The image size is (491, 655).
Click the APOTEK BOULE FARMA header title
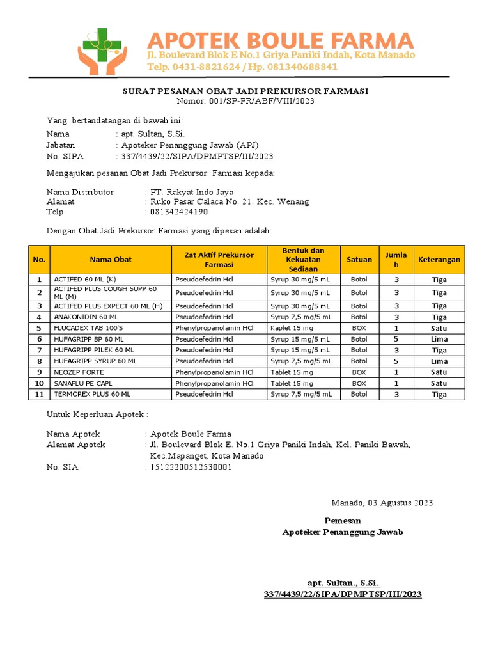click(281, 40)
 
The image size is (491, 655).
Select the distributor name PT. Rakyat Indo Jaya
click(191, 192)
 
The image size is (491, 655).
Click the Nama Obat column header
click(111, 260)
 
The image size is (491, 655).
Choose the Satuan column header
click(359, 260)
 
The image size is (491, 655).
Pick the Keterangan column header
click(439, 260)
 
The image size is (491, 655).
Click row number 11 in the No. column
click(39, 395)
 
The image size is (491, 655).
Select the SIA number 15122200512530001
click(191, 468)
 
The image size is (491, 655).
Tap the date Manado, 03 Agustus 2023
click(382, 503)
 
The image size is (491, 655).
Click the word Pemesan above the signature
click(343, 521)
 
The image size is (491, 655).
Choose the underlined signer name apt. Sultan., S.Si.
click(343, 583)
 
